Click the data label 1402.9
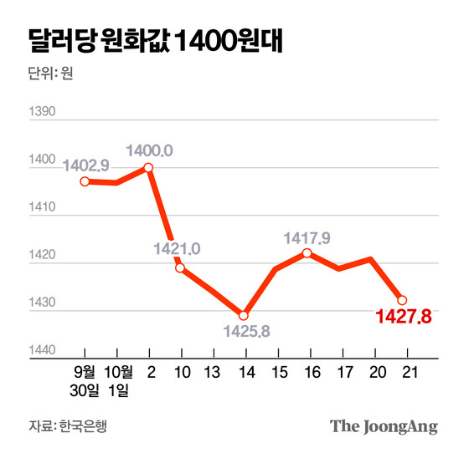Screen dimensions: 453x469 coord(85,165)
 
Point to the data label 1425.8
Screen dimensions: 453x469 coord(248,332)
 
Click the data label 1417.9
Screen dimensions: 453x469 coord(307,238)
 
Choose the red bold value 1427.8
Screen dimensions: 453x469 coord(403,318)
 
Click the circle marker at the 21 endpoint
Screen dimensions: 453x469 coord(402,300)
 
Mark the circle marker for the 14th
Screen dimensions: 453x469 coord(244,315)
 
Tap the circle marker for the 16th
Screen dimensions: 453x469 coord(307,252)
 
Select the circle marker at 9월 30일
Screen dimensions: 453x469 coord(85,181)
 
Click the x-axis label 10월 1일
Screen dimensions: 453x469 coord(116,379)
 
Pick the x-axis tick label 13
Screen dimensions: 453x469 coord(212,370)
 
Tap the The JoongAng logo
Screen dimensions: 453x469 coord(384,426)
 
